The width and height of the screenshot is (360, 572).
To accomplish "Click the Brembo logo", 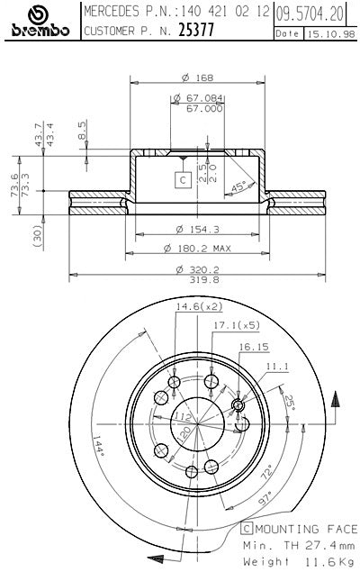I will coord(39,22).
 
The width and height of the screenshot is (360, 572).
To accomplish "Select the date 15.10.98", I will coord(326,33).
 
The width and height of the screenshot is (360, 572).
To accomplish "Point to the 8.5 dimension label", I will coord(82,132).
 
